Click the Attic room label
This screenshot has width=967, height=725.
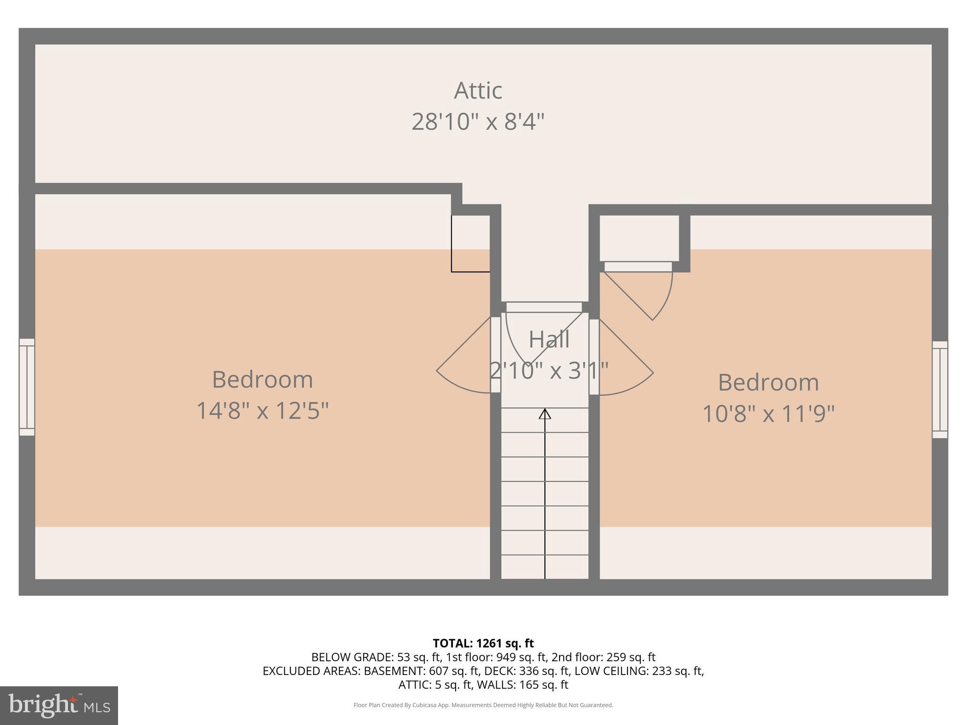click(478, 91)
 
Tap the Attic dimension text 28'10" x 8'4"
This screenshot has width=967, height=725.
click(478, 122)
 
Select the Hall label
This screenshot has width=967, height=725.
click(549, 339)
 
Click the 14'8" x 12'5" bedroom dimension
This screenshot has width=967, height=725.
click(262, 411)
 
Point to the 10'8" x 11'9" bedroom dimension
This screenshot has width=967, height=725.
click(768, 414)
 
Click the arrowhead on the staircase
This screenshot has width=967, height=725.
click(545, 414)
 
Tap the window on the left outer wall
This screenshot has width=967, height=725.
click(27, 387)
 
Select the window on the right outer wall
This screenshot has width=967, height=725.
click(940, 390)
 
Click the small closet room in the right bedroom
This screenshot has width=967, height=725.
click(639, 238)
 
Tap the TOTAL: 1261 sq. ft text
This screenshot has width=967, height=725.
click(483, 643)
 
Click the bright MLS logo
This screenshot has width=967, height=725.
click(59, 706)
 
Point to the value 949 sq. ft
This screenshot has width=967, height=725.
click(522, 657)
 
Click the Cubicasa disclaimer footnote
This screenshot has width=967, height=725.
click(483, 705)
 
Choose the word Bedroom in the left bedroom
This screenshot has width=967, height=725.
click(262, 379)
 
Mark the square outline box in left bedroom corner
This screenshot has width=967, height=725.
click(470, 244)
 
